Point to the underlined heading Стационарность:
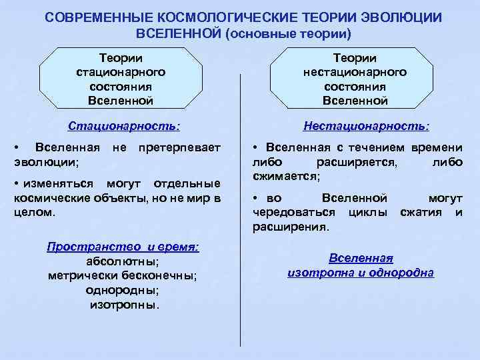(x=125, y=125)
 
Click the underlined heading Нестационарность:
(x=366, y=125)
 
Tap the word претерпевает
(x=177, y=147)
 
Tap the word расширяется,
(x=357, y=161)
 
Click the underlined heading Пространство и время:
(x=123, y=247)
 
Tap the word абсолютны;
(x=123, y=261)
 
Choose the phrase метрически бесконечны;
(x=122, y=276)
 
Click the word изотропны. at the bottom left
(x=125, y=305)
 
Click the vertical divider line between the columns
(x=240, y=200)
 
